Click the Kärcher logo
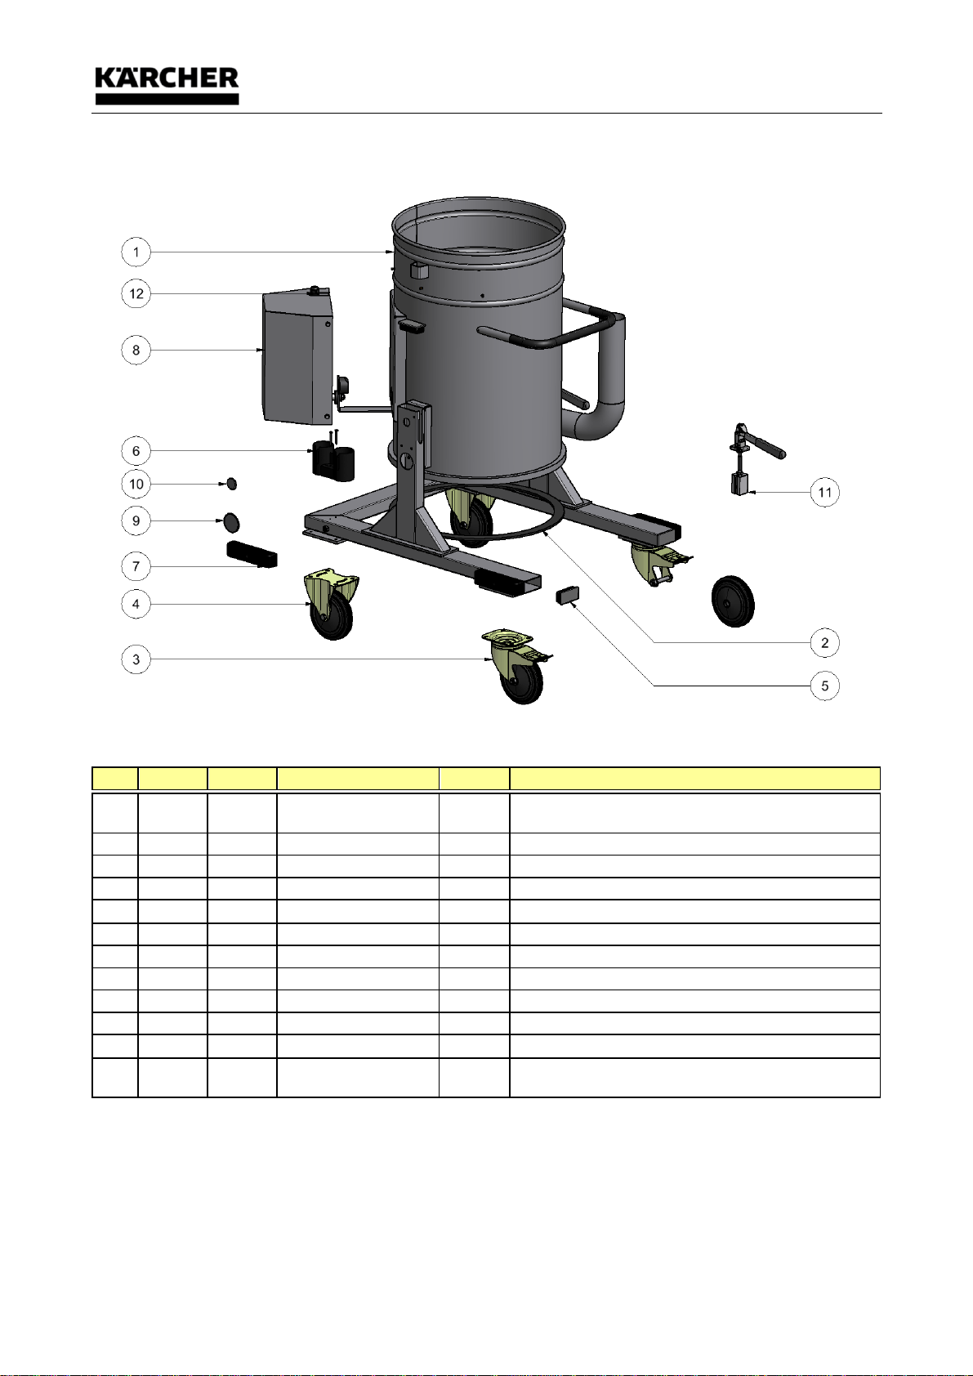click(167, 85)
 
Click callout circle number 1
click(136, 252)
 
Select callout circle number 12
click(136, 293)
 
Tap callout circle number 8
click(136, 351)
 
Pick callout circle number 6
click(136, 451)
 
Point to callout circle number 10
click(136, 484)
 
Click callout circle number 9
click(136, 521)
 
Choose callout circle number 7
click(136, 566)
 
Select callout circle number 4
click(136, 604)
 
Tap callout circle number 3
click(136, 659)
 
